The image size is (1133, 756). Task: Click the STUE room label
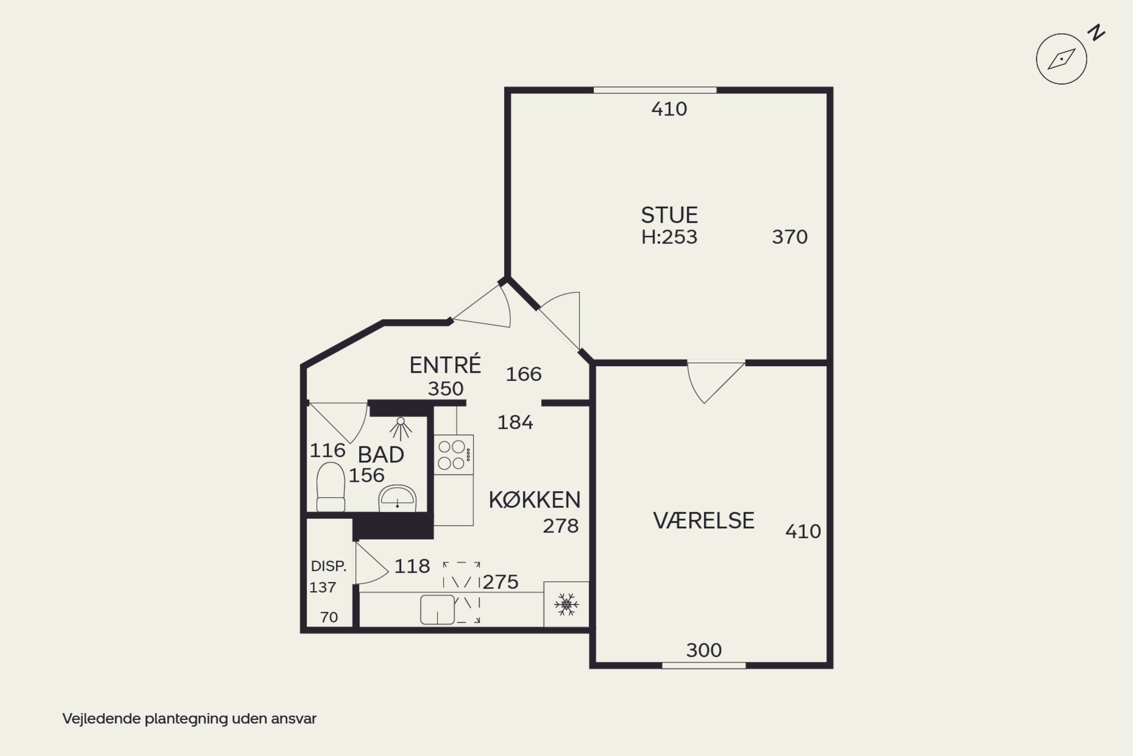(x=669, y=215)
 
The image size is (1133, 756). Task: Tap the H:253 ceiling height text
(x=669, y=237)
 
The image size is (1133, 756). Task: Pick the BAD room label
(x=381, y=455)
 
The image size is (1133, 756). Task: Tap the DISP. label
(x=329, y=566)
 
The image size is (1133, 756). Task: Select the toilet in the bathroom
(x=330, y=487)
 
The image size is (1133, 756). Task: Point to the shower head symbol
(x=400, y=429)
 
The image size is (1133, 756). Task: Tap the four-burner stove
(x=453, y=455)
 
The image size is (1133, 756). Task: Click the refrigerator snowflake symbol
(x=566, y=604)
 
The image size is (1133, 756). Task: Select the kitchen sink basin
(x=437, y=609)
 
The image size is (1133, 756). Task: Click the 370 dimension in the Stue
(x=790, y=237)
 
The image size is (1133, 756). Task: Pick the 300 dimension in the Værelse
(x=704, y=651)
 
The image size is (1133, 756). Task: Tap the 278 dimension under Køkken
(x=561, y=526)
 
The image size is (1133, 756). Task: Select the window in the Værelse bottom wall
(x=704, y=665)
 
